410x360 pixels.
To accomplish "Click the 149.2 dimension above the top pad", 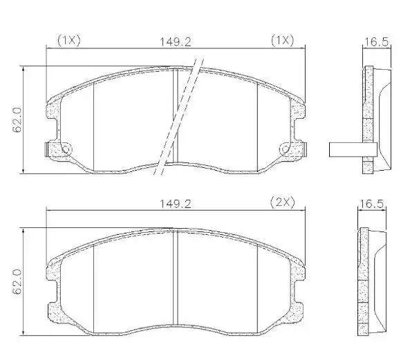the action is point(175,41).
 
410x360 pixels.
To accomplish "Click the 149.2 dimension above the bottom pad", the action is point(175,204).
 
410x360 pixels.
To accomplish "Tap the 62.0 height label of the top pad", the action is point(17,120).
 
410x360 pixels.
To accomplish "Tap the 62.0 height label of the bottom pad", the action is point(17,282).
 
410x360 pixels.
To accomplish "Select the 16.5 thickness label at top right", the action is point(376,41).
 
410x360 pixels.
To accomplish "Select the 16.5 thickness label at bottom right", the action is point(371,204).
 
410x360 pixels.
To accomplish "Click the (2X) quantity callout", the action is point(282,202).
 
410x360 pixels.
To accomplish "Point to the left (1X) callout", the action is point(68,41).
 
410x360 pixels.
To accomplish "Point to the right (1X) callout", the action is point(283,41).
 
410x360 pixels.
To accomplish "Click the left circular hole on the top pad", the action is point(66,149).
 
